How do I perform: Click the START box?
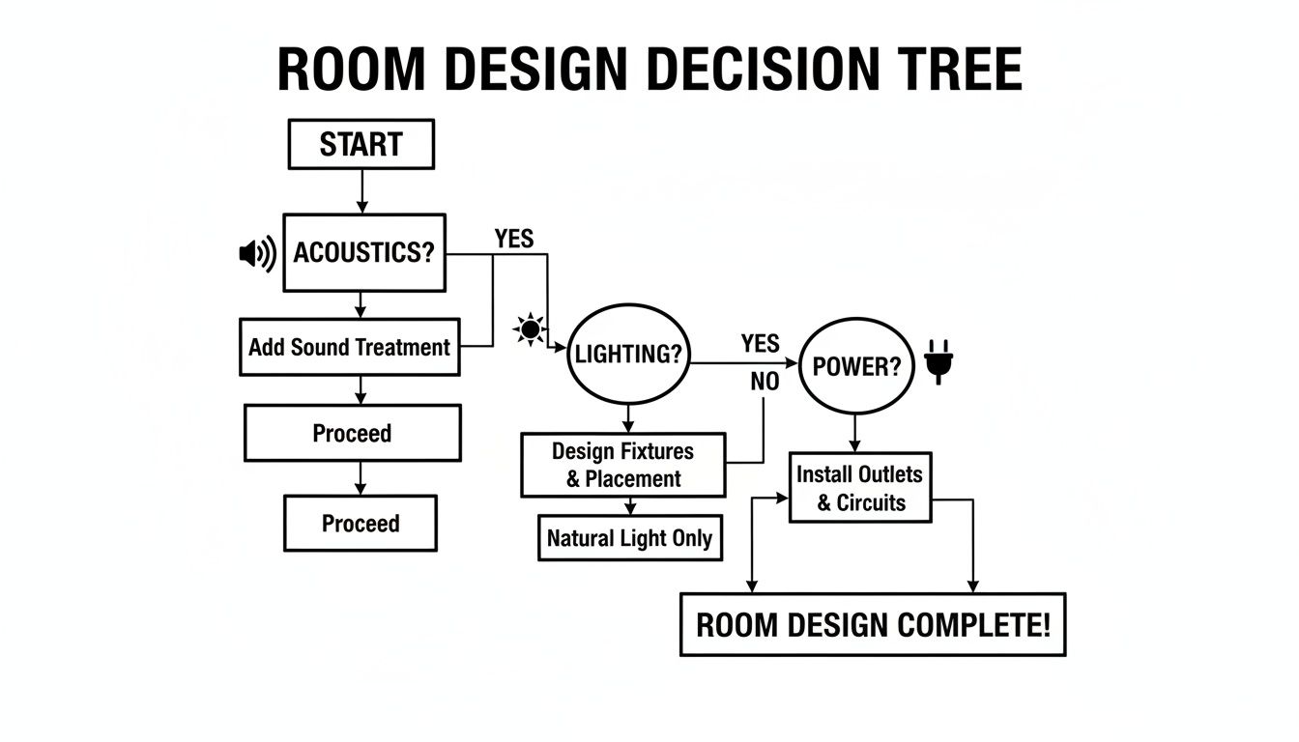point(361,145)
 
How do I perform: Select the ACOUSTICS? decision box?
point(363,253)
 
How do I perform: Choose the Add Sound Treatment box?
point(349,347)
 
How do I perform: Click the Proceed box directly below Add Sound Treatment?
point(352,433)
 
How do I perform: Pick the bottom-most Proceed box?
point(360,524)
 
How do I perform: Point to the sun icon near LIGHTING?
point(530,329)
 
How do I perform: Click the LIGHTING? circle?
point(628,355)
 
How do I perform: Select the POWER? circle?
point(857,366)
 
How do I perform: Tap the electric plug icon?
point(938,360)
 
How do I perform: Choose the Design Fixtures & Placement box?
point(623,465)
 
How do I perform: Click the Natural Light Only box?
point(630,538)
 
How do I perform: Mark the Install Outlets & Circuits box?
point(859,488)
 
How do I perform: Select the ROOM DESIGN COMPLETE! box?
point(873,625)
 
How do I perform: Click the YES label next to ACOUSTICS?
point(513,239)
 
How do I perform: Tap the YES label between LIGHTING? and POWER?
point(761,343)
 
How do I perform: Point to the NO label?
point(765,382)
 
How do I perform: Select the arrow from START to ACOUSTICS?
point(361,191)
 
